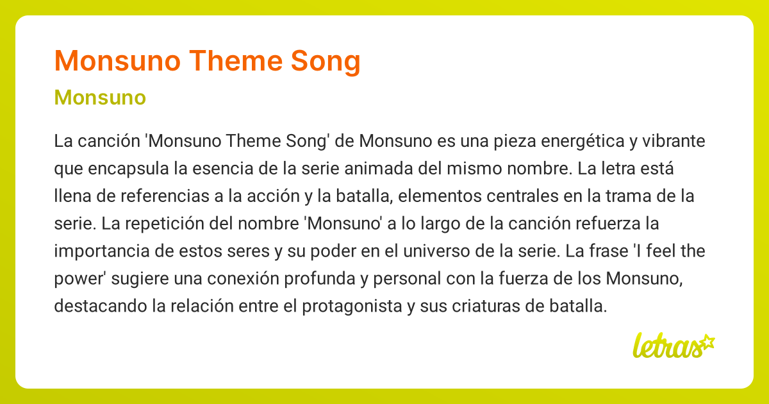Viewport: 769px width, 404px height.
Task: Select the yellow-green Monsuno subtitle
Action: [100, 98]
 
